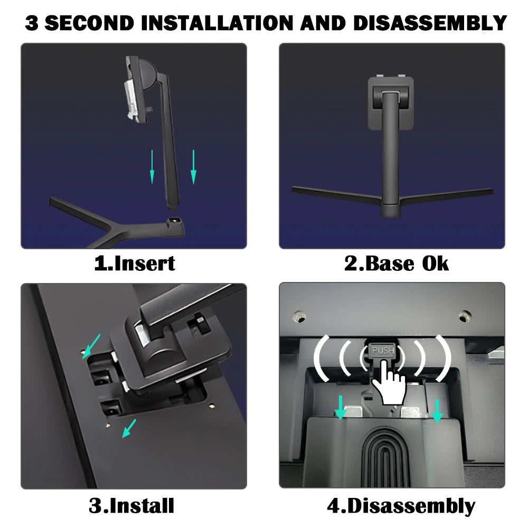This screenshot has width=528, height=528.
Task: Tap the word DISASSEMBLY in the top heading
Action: coord(430,23)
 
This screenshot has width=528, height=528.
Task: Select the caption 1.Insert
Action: coord(135,263)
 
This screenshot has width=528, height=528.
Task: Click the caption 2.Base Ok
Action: coord(397,263)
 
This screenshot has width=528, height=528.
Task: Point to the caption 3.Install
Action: coord(131,505)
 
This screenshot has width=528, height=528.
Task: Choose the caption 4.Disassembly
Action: coord(401,506)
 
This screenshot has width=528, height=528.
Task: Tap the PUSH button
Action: coord(383,351)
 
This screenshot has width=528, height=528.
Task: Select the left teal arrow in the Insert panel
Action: coord(152,167)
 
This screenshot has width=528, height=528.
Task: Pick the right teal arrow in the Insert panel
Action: coord(193,167)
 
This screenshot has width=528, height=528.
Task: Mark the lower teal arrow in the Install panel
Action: coord(129,428)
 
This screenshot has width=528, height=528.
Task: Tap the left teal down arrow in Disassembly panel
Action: coord(341,408)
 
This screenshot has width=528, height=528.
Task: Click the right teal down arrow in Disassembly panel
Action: coord(437,411)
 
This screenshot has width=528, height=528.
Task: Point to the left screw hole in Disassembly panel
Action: coord(299,317)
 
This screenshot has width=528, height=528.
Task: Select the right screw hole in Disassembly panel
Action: coord(465,316)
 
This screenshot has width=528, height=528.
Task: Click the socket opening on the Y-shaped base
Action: coord(174,220)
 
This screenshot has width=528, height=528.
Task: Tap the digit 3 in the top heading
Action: coord(32,23)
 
